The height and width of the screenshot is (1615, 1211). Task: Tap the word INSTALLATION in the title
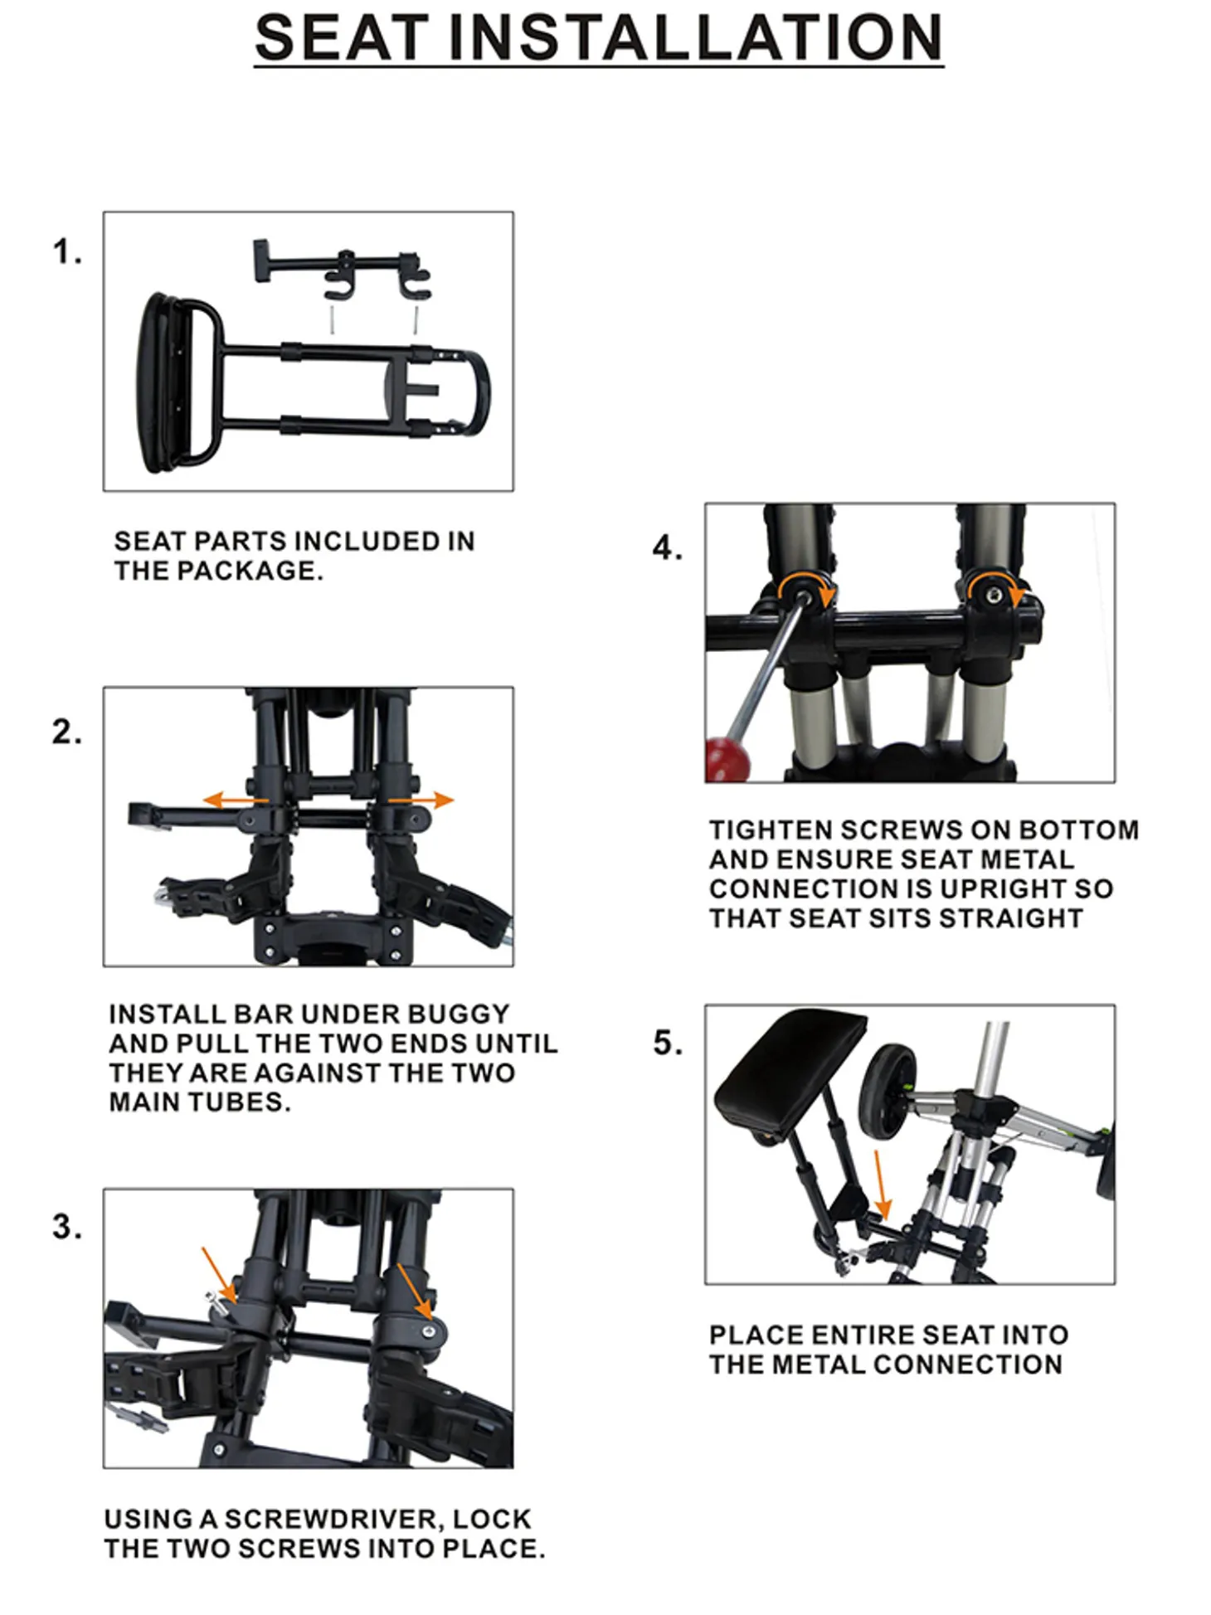point(696,37)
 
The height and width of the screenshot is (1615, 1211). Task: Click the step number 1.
point(67,252)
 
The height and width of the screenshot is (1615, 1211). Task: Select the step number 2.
point(67,732)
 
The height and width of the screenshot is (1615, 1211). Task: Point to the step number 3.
point(67,1227)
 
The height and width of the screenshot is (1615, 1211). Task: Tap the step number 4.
point(668,547)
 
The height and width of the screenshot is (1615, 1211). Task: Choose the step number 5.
point(668,1043)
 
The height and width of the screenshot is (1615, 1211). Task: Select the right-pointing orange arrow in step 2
point(421,800)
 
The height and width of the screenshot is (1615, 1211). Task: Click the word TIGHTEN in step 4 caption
point(770,829)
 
